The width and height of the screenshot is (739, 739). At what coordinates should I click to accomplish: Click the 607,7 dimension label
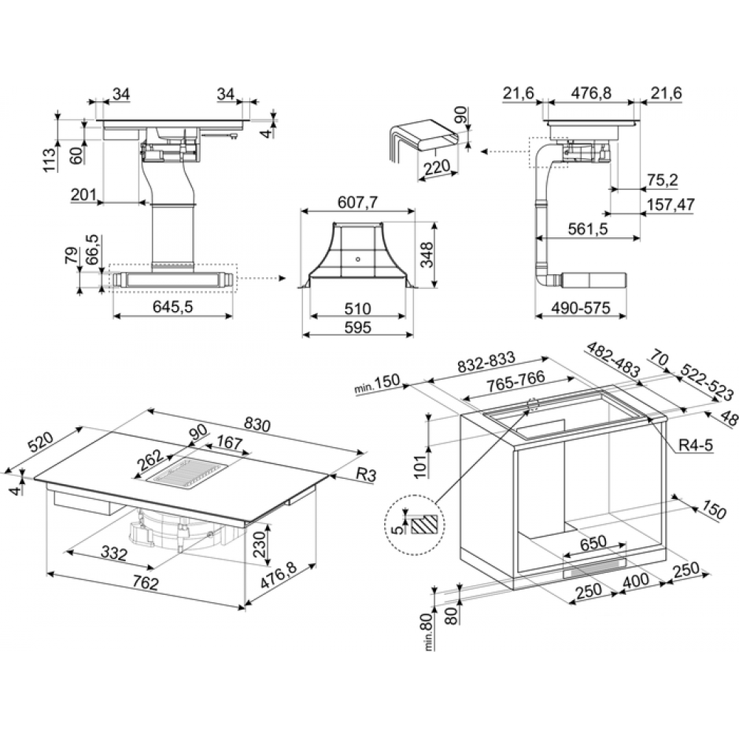(x=358, y=202)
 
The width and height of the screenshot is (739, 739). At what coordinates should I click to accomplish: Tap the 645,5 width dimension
(x=173, y=307)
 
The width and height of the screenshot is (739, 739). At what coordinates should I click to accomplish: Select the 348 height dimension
(x=426, y=254)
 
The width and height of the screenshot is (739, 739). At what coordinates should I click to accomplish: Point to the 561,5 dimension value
(x=588, y=229)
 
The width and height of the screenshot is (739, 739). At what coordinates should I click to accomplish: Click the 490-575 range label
(x=581, y=307)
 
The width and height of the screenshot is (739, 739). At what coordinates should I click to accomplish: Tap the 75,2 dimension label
(x=662, y=180)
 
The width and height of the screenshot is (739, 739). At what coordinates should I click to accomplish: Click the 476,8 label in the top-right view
(x=591, y=93)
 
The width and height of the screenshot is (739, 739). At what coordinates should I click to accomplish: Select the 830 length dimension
(x=257, y=425)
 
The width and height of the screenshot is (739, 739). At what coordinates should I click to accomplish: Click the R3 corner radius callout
(x=366, y=474)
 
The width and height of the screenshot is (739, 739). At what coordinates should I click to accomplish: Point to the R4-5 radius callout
(x=695, y=444)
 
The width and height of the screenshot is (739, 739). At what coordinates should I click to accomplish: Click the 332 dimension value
(x=115, y=554)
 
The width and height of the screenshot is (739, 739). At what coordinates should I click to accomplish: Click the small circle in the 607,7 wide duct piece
(x=358, y=259)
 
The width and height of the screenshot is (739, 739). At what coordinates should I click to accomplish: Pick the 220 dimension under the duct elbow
(x=437, y=166)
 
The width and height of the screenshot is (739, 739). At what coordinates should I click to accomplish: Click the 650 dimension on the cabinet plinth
(x=593, y=543)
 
